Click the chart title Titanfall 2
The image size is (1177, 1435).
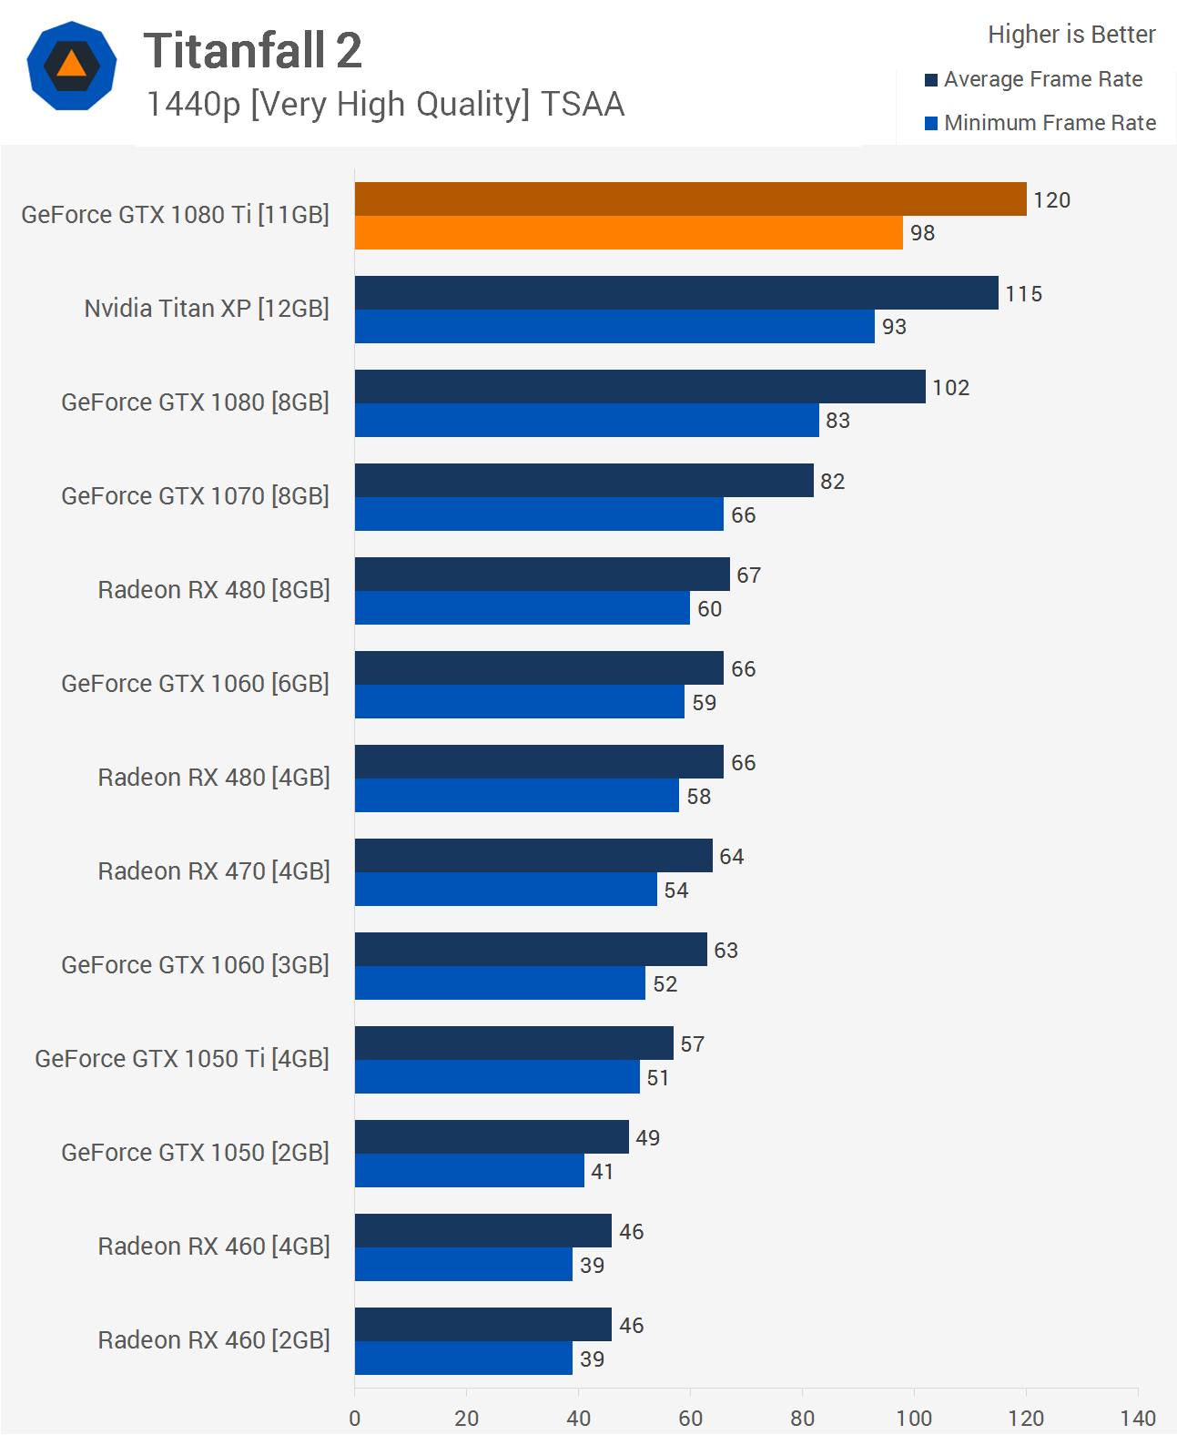coord(252,50)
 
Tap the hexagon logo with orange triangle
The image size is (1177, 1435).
coord(72,66)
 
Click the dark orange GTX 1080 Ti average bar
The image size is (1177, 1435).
coord(690,199)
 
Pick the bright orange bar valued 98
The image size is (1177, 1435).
coord(628,233)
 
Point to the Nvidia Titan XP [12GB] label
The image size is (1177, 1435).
coord(207,309)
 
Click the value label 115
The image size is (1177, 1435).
coord(1023,294)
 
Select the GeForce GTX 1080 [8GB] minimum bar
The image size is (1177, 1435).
coord(586,421)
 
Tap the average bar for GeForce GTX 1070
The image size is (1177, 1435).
coord(583,481)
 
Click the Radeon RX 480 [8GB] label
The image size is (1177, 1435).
coord(214,590)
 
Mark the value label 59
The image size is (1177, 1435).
coord(704,703)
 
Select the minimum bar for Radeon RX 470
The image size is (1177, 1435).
coord(505,890)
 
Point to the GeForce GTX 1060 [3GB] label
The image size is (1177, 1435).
coord(195,965)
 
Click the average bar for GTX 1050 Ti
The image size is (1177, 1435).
coord(513,1043)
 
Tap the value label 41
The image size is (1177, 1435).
coord(602,1172)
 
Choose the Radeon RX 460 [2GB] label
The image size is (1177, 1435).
coord(214,1340)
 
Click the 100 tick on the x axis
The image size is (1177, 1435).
coord(914,1418)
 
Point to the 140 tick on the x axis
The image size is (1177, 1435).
coord(1138,1418)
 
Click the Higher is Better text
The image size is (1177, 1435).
coord(1071,35)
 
